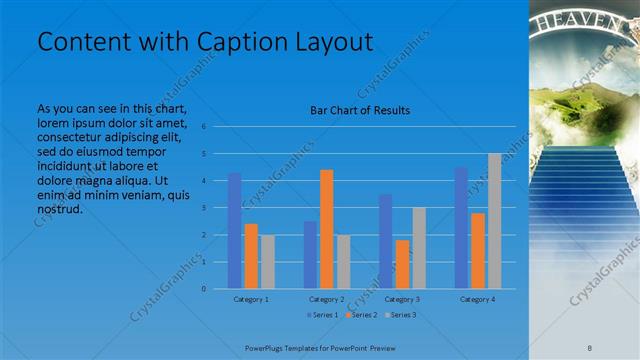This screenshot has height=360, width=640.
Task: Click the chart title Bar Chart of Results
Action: [359, 110]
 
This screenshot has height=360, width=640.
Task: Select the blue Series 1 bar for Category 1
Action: [234, 231]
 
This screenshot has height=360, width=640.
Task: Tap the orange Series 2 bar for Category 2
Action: [326, 229]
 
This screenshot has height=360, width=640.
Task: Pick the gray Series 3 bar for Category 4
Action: [494, 221]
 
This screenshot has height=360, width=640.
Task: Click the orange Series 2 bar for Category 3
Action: [402, 264]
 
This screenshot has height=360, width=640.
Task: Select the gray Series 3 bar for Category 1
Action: [267, 262]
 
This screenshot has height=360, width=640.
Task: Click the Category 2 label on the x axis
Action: [326, 299]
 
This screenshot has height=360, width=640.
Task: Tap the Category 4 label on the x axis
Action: [477, 299]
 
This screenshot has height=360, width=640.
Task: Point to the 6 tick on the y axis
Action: [203, 127]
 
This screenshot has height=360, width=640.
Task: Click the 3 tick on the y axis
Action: [203, 208]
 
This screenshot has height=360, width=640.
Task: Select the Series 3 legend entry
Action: [401, 315]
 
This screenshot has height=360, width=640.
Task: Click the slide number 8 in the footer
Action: [590, 345]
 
